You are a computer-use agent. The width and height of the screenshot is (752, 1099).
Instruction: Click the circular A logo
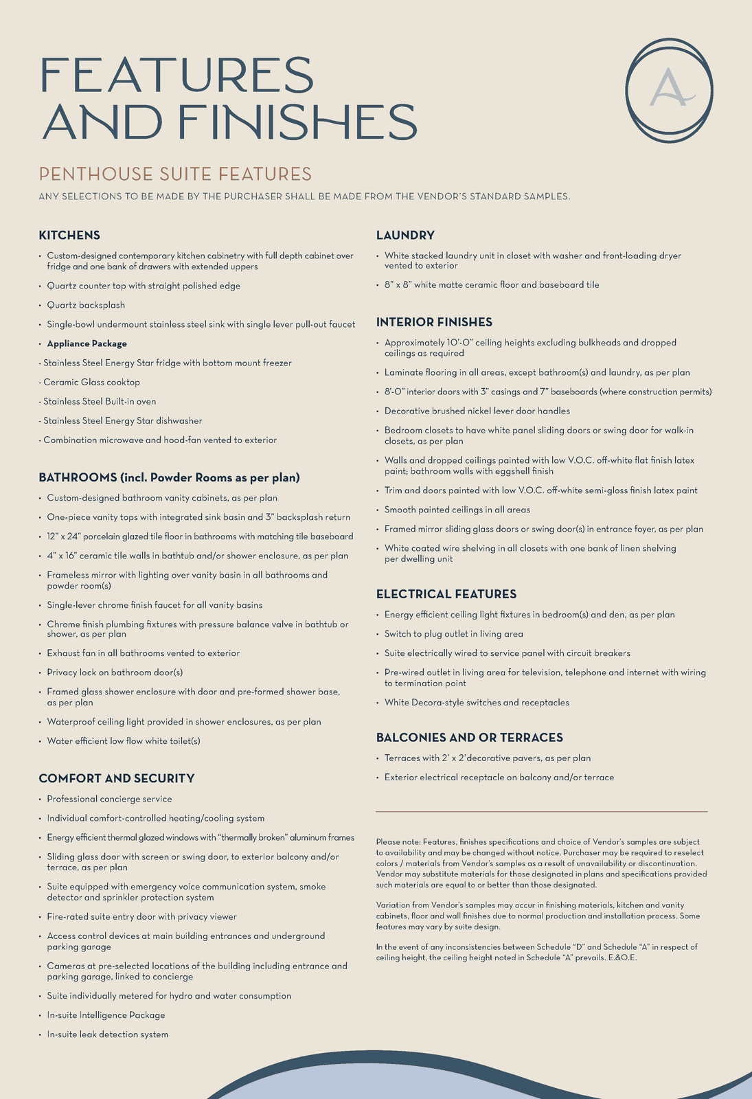click(669, 91)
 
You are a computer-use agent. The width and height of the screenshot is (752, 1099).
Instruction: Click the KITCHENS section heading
click(69, 235)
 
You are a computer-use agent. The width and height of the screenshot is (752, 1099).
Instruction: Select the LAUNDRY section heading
click(405, 235)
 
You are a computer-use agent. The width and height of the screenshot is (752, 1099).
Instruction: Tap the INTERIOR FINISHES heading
click(434, 321)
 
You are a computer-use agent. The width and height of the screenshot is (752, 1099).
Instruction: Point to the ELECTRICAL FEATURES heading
click(446, 593)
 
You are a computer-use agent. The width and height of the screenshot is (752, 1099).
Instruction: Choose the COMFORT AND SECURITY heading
click(117, 778)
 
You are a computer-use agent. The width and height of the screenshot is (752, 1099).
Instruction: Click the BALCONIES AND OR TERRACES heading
click(470, 737)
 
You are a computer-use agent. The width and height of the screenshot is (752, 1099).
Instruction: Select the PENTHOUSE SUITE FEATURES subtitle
click(175, 174)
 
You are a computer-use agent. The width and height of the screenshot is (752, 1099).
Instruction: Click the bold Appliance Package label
click(87, 343)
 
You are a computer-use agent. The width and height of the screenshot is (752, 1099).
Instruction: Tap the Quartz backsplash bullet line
click(86, 305)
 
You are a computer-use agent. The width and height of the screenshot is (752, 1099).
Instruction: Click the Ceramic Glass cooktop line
click(91, 382)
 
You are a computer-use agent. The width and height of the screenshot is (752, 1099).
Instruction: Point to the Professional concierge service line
click(109, 799)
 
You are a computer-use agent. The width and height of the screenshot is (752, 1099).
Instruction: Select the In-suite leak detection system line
click(107, 1034)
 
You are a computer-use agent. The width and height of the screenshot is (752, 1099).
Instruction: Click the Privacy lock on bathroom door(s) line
click(115, 672)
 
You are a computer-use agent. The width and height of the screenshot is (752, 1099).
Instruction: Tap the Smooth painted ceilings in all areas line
click(457, 510)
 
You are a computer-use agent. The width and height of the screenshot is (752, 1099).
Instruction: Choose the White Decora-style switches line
click(477, 702)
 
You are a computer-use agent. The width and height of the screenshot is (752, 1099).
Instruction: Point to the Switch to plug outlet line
click(453, 633)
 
